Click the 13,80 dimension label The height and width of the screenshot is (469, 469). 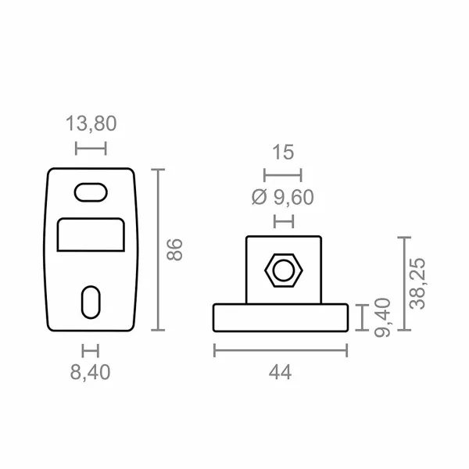pos(91,124)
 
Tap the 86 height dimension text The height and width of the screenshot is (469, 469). pos(174,250)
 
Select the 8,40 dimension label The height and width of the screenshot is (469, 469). pos(91,372)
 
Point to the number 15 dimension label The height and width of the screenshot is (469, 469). pos(283,152)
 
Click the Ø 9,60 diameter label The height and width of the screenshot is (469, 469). pos(283,198)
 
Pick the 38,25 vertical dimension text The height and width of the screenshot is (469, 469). pos(417,284)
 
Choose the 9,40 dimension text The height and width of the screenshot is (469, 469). pos(382,317)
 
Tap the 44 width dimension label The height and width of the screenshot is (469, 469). pos(280,373)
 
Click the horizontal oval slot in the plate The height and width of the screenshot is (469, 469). pos(91,192)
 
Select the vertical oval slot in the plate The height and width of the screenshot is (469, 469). pos(91,302)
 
